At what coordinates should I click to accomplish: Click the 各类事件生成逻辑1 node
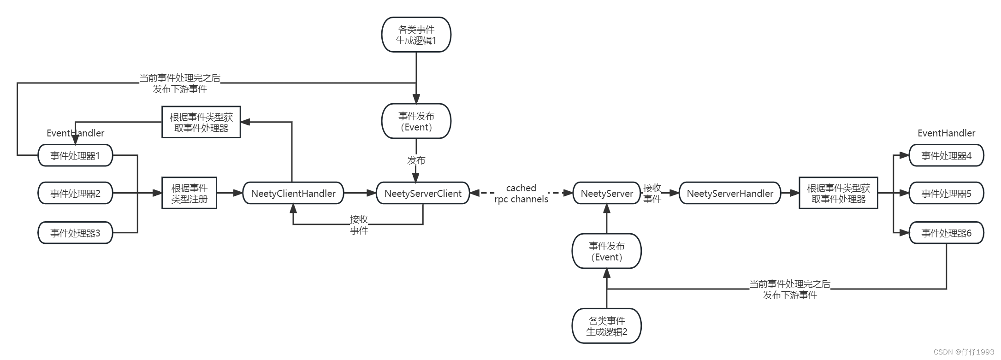coord(416,35)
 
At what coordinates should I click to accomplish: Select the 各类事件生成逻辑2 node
coord(606,326)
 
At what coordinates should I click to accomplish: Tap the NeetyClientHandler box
coord(293,193)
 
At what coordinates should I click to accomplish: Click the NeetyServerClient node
coord(423,193)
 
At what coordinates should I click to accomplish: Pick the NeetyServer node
coord(607,193)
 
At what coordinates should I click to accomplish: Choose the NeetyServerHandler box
coord(730,193)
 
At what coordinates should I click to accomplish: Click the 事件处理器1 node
coord(75,155)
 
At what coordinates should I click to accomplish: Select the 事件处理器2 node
coord(75,193)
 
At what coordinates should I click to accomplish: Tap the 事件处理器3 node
coord(75,233)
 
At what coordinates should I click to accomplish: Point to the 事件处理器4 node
coord(946,155)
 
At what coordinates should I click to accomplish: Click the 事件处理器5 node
coord(946,193)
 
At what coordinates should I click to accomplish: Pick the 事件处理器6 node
coord(946,233)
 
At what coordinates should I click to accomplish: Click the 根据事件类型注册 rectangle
coord(189,193)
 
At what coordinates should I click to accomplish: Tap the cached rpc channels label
coord(521,194)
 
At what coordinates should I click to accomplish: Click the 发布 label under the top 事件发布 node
coord(416,160)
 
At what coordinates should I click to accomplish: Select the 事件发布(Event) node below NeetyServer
coord(606,251)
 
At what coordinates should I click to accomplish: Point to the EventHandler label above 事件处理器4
coord(946,133)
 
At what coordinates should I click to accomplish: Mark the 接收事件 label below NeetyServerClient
coord(359,224)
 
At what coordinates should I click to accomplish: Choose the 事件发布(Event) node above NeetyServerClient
coord(416,121)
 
